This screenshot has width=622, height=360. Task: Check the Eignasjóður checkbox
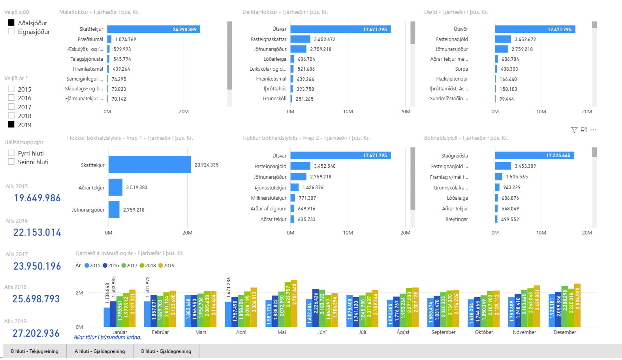click(11, 32)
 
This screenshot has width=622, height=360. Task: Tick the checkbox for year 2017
click(11, 107)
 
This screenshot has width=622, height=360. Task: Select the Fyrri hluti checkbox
click(11, 153)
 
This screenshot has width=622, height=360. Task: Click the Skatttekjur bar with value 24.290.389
click(154, 29)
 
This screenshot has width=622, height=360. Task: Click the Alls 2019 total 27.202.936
click(36, 333)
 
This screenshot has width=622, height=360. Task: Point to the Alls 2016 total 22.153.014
click(37, 232)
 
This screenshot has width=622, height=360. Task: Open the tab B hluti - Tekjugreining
click(35, 351)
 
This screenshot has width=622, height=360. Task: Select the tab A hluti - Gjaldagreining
click(100, 351)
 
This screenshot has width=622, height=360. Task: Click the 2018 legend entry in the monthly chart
click(148, 266)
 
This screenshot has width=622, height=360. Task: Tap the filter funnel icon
click(574, 130)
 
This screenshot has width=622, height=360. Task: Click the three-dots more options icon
click(593, 130)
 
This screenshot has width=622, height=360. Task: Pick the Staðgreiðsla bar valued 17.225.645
click(534, 156)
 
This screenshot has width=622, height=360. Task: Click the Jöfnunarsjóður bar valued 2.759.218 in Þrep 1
click(114, 210)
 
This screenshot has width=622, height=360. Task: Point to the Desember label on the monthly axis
click(565, 332)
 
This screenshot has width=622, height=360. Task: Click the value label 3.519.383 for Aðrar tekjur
click(137, 187)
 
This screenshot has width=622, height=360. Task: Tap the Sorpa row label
click(461, 69)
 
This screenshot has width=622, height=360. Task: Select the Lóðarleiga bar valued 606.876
click(496, 198)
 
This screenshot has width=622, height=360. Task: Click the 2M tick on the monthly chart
click(79, 293)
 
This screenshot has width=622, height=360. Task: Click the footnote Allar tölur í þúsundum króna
click(107, 337)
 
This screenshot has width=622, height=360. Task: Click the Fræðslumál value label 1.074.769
click(126, 39)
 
